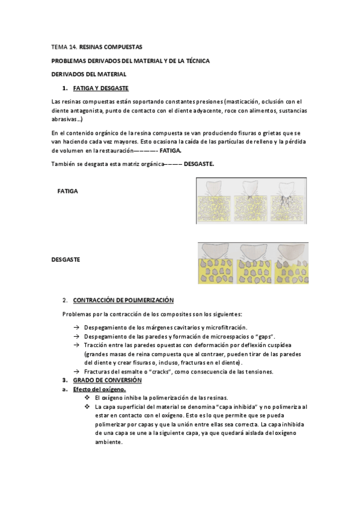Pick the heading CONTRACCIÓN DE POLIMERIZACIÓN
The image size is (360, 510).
[123, 300]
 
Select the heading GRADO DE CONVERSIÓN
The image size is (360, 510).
[107, 381]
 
